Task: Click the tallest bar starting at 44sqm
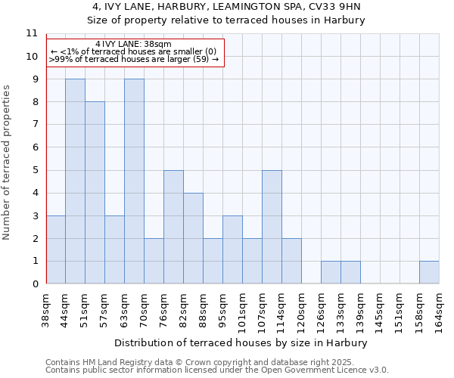75,181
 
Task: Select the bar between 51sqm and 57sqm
95,193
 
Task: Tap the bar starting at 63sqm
134,181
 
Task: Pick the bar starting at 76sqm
173,227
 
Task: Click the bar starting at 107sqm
272,227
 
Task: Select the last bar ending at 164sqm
429,272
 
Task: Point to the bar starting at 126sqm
331,272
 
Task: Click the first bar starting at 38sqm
55,249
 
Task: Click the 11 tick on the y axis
32,33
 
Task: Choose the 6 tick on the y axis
34,147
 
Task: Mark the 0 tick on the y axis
34,284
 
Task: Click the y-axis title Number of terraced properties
8,163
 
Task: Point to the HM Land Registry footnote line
216,362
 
